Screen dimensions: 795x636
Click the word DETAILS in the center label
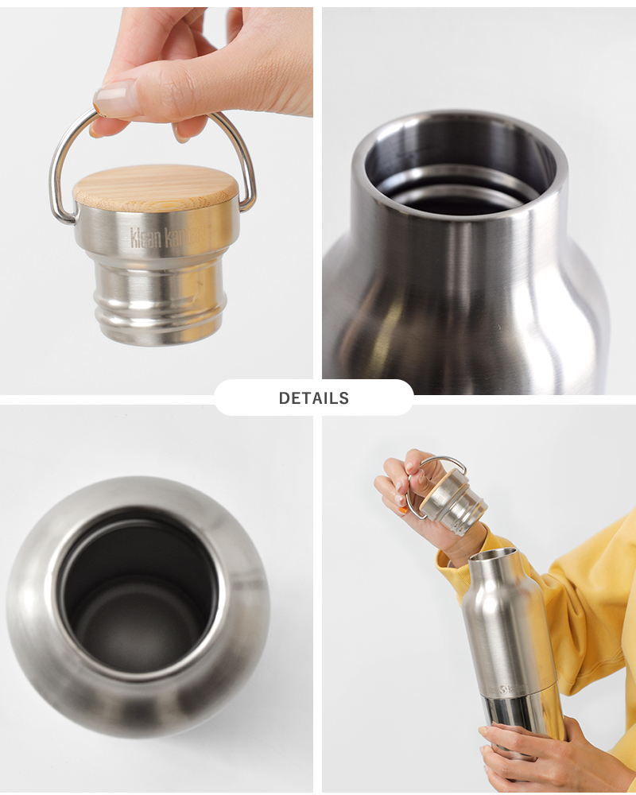coord(313,398)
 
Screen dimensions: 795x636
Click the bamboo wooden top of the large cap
coord(156,187)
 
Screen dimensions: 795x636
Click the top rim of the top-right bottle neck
coord(461,127)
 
